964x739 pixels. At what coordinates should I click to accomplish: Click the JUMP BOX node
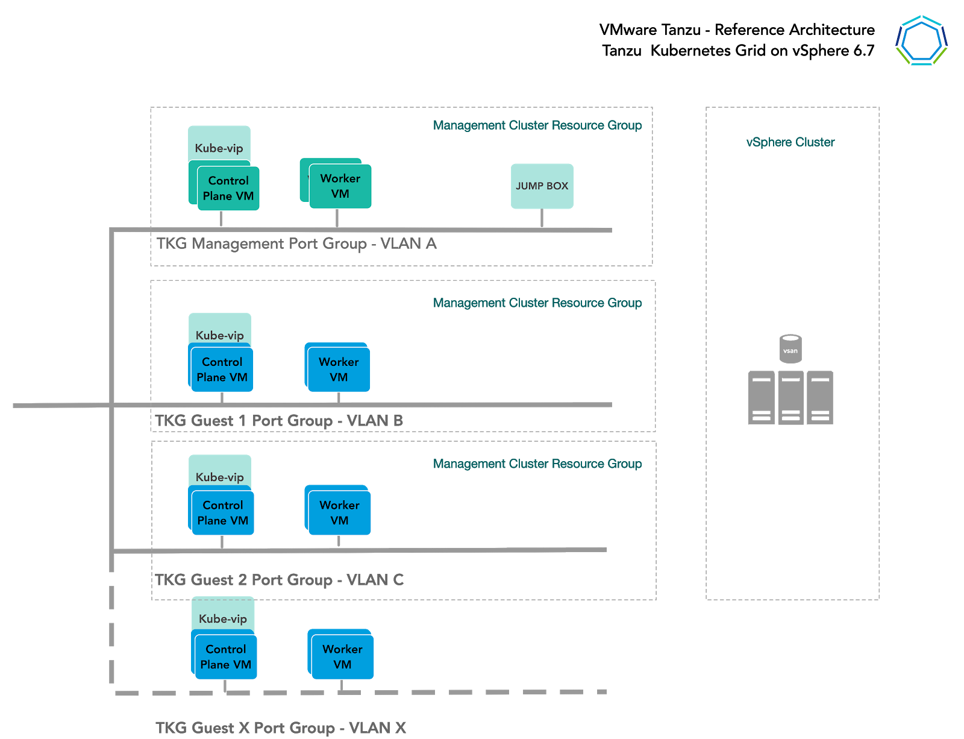(x=542, y=186)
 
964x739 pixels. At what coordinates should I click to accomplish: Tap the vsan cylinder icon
(x=790, y=349)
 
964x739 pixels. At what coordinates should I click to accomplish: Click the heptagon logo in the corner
(x=921, y=40)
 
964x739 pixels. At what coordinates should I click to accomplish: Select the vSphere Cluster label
(x=790, y=142)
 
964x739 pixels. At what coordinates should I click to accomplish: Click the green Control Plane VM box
(x=228, y=189)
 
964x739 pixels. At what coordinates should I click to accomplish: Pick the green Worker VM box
(x=340, y=186)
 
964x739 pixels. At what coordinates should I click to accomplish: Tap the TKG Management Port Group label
(x=296, y=244)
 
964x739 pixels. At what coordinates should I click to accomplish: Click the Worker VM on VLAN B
(x=339, y=369)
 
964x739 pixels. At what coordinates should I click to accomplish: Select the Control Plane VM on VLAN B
(x=222, y=369)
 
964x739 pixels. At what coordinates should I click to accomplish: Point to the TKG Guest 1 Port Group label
(x=278, y=421)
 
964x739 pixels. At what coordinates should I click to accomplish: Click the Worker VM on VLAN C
(x=339, y=512)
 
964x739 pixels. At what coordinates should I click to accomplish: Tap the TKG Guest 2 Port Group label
(x=278, y=580)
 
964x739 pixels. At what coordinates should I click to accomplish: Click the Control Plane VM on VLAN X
(x=226, y=657)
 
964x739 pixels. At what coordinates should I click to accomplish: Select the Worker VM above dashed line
(x=342, y=657)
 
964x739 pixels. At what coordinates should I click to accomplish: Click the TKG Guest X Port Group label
(x=280, y=728)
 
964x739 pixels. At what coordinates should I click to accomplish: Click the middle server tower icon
(x=790, y=398)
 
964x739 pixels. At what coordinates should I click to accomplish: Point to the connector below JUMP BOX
(x=542, y=218)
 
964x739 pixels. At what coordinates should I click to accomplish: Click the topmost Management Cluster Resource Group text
(x=537, y=125)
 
